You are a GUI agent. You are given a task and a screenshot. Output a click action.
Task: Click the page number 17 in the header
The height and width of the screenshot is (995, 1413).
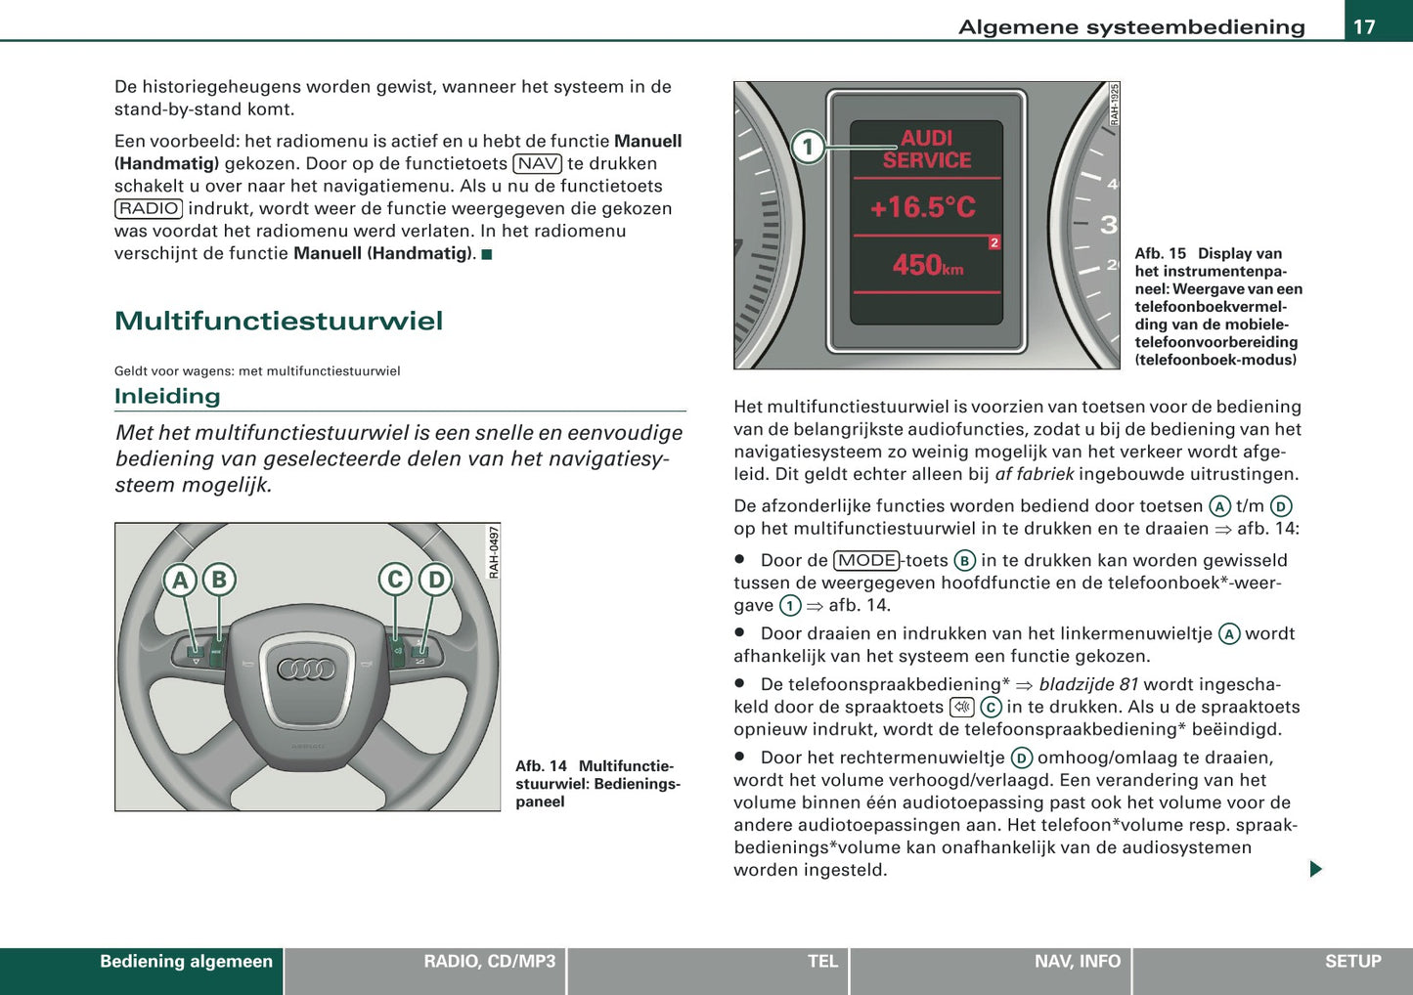pyautogui.click(x=1364, y=26)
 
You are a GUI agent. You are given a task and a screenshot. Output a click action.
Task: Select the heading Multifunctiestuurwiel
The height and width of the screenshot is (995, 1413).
pyautogui.click(x=279, y=321)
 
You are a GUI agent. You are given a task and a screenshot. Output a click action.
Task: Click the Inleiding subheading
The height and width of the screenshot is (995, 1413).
pyautogui.click(x=167, y=396)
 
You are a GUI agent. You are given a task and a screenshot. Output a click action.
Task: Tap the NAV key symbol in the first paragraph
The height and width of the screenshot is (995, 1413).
pyautogui.click(x=537, y=163)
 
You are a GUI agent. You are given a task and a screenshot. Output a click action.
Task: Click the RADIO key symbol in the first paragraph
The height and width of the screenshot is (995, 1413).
pyautogui.click(x=149, y=208)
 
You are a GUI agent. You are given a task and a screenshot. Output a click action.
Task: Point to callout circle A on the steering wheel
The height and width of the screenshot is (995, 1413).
pyautogui.click(x=180, y=581)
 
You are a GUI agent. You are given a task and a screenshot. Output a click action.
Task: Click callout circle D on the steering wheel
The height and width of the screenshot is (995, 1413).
pyautogui.click(x=436, y=581)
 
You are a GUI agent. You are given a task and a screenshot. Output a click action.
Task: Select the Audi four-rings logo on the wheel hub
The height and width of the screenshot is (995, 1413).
pyautogui.click(x=306, y=670)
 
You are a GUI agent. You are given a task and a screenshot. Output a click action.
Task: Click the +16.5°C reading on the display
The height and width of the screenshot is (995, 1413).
pyautogui.click(x=923, y=207)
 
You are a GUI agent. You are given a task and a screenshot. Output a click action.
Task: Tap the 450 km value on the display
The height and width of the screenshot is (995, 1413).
pyautogui.click(x=927, y=265)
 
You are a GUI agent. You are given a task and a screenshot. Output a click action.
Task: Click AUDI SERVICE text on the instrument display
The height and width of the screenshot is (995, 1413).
pyautogui.click(x=926, y=150)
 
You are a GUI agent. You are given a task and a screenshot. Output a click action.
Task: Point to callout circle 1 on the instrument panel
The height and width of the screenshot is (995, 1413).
pyautogui.click(x=808, y=149)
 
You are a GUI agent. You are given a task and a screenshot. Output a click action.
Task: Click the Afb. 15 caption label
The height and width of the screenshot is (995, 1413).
pyautogui.click(x=1160, y=253)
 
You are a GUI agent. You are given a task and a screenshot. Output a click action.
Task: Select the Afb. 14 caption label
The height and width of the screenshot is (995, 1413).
pyautogui.click(x=541, y=766)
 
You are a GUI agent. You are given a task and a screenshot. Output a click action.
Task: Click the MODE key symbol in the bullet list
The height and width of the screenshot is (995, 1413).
pyautogui.click(x=866, y=560)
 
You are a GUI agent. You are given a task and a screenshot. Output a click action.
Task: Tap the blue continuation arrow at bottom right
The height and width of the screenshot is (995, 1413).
pyautogui.click(x=1315, y=869)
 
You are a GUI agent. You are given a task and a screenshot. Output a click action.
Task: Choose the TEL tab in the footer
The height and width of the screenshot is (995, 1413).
pyautogui.click(x=822, y=962)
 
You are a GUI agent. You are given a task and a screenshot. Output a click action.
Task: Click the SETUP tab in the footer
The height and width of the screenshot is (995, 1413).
pyautogui.click(x=1352, y=962)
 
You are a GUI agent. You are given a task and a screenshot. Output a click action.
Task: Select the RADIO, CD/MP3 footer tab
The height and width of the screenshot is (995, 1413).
pyautogui.click(x=489, y=962)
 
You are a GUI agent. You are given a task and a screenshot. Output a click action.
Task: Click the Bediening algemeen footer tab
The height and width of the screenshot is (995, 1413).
pyautogui.click(x=186, y=962)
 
